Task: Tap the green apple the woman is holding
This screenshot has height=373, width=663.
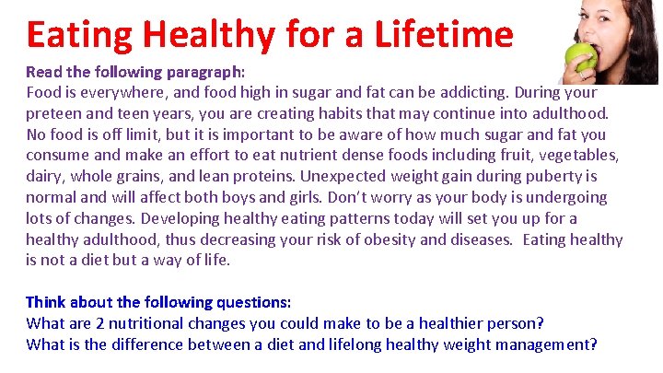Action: (x=580, y=57)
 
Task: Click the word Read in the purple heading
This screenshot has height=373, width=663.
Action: (x=42, y=71)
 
